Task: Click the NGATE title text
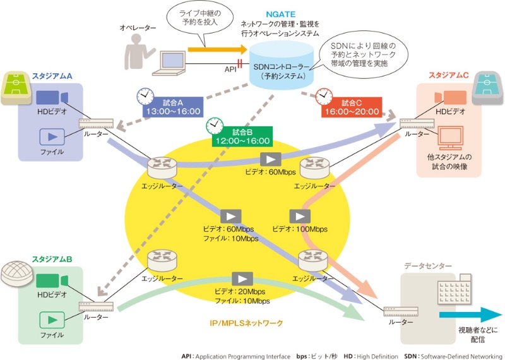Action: [280, 12]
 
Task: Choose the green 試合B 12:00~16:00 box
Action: [242, 137]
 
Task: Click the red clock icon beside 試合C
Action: [324, 95]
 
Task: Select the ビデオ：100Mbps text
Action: [300, 229]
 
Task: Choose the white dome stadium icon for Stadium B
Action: [16, 272]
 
